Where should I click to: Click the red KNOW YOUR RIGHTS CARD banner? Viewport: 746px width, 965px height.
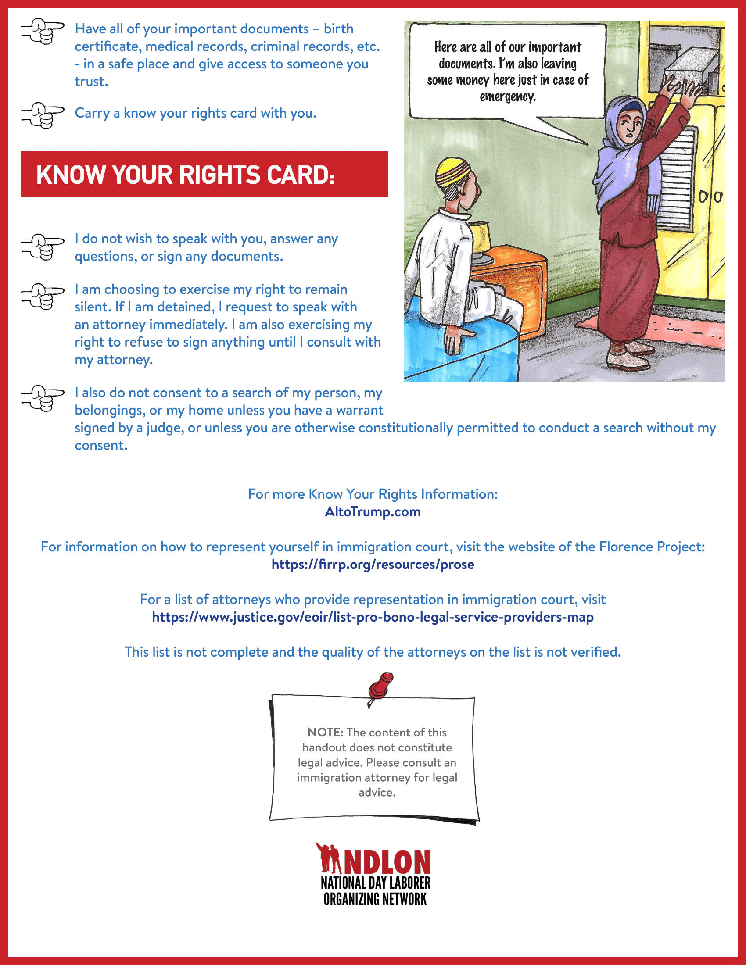coord(204,174)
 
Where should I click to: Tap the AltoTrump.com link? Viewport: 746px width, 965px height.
coord(373,511)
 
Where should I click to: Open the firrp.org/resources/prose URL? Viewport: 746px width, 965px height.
coord(373,564)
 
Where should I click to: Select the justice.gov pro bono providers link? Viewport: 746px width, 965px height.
coord(373,617)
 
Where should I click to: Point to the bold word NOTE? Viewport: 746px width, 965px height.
coord(325,732)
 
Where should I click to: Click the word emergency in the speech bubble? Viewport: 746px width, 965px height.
coord(508,97)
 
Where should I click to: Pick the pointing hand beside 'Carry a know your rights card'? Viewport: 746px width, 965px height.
coord(43,115)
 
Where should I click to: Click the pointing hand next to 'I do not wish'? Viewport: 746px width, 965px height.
coord(43,246)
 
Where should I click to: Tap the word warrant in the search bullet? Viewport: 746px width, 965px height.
coord(359,411)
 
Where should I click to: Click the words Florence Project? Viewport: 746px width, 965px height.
coord(651,547)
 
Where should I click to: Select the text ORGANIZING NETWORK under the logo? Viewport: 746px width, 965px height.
coord(375,899)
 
